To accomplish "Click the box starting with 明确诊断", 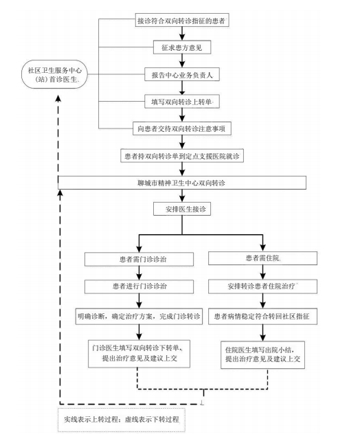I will point(139,317).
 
